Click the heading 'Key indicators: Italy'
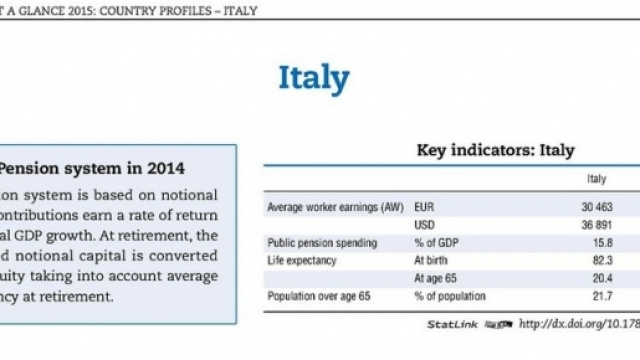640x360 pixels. tap(494, 151)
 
